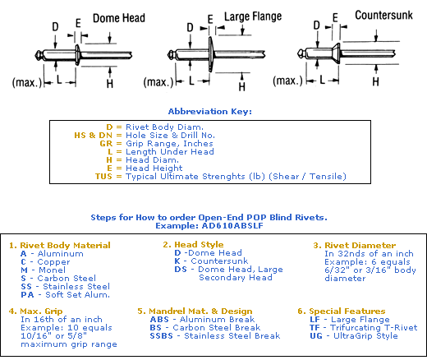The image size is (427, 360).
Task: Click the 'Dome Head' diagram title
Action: pos(119,18)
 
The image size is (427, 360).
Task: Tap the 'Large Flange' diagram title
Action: pos(253,16)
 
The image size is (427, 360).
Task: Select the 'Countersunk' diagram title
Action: pos(383,15)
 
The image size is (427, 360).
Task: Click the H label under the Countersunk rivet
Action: pos(375,81)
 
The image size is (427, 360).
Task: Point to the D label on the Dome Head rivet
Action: pos(55,27)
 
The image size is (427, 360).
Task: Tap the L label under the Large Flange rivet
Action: pos(191,81)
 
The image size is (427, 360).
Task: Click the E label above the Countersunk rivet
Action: pos(335,18)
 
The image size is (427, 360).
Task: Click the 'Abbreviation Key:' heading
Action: pos(210,112)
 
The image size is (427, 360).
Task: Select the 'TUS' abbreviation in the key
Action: pos(103,176)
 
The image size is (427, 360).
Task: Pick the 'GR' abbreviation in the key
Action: pos(106,143)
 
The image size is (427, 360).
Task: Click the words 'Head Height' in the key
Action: pos(154,168)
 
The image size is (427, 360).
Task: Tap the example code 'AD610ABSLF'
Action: pos(232,226)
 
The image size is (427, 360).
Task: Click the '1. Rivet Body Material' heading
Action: pos(60,245)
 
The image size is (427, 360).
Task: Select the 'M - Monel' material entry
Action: pos(44,270)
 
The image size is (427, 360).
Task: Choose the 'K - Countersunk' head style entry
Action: pos(211,261)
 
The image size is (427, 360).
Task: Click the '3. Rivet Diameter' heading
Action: pos(355,245)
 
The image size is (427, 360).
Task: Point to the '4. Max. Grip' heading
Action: pos(35,312)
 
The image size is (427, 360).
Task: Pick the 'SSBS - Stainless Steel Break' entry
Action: pos(215,335)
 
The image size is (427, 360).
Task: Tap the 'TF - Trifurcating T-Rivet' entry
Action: pos(364,327)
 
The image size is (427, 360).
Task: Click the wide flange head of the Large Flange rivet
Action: pos(210,54)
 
